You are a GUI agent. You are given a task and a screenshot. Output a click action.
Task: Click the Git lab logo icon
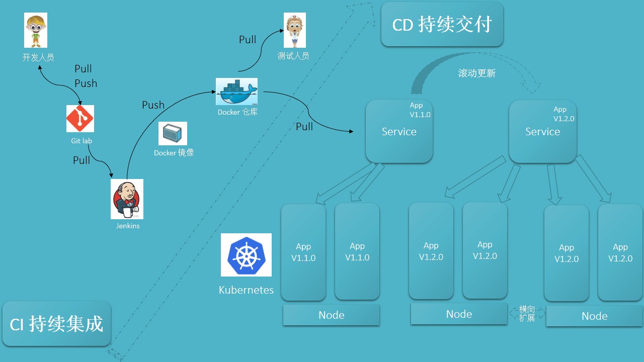point(80,119)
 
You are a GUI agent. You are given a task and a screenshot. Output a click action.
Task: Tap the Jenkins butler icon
point(127,199)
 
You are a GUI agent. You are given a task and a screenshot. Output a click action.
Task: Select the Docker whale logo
point(236,92)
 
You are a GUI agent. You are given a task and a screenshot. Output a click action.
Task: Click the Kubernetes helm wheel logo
point(246,255)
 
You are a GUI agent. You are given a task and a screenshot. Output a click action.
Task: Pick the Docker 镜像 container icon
point(173,134)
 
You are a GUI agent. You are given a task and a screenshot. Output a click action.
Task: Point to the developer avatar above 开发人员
point(36,30)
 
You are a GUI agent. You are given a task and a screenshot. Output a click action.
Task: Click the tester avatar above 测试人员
point(294,30)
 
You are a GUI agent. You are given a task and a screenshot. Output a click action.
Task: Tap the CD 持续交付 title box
point(442,25)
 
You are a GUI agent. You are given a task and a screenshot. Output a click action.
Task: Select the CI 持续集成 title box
point(56,324)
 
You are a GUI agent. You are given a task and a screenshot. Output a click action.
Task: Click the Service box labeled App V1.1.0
point(399,131)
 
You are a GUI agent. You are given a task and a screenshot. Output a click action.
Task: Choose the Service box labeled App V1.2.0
point(542,131)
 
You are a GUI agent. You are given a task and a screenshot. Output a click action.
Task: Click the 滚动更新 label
point(476,73)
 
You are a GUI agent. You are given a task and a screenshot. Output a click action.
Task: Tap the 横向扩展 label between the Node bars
point(527,313)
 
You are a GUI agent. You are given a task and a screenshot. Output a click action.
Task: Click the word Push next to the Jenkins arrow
point(153,105)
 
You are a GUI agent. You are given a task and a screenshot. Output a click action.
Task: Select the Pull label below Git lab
point(82,160)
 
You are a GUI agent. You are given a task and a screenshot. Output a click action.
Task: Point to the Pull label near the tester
point(248,40)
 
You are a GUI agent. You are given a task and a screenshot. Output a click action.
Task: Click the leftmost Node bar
point(331,315)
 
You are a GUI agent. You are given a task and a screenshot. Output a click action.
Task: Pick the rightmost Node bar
point(594,316)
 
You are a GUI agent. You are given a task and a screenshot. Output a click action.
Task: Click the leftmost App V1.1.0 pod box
point(303,252)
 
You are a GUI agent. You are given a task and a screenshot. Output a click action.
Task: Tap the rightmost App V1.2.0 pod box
point(620,253)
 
